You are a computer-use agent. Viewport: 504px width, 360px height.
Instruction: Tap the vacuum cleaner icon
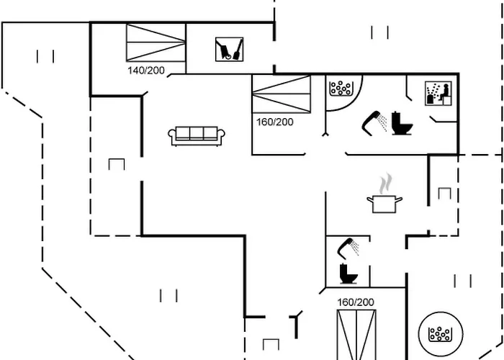click(229, 50)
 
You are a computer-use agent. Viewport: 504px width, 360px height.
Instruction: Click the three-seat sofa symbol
click(197, 134)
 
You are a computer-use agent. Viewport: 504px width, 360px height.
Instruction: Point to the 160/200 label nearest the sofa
click(274, 122)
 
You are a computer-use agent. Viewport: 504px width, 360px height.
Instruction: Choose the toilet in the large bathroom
click(402, 123)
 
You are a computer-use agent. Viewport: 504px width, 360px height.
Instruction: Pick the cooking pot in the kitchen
click(385, 203)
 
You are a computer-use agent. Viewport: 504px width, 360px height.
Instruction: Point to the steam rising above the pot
click(387, 180)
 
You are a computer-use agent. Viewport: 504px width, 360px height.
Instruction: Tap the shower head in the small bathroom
click(349, 247)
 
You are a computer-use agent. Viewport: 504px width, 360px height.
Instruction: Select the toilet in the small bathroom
click(349, 273)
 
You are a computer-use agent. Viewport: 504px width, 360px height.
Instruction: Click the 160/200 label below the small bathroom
click(356, 302)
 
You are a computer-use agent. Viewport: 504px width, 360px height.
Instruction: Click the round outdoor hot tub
click(438, 333)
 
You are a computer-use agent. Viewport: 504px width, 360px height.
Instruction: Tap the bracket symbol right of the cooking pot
click(444, 193)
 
